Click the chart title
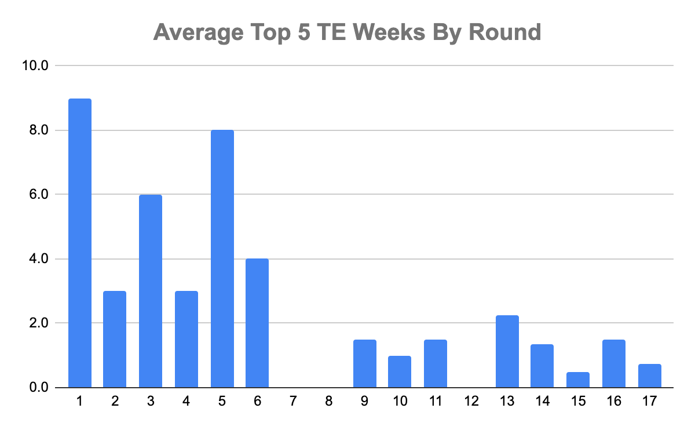(347, 32)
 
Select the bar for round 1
(80, 243)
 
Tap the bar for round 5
(222, 258)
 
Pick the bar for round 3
(151, 291)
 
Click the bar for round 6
(257, 323)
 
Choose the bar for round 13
(507, 351)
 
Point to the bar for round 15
(578, 380)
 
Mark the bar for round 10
(400, 371)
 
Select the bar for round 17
(650, 376)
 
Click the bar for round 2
(115, 339)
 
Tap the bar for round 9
(365, 363)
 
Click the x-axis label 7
(293, 400)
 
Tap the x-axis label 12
(471, 400)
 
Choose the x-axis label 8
(328, 400)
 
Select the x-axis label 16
(614, 400)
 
